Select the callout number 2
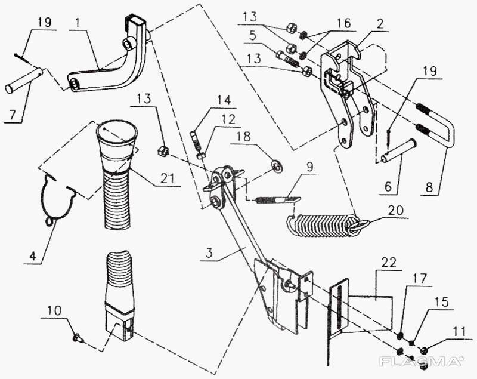[379, 24]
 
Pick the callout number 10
[54, 310]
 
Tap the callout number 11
[454, 329]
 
